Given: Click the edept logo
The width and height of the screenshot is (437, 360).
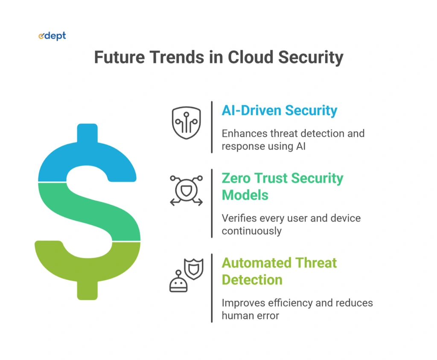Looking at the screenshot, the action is pos(52,36).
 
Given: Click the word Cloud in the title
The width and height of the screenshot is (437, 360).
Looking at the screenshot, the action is pos(250,57).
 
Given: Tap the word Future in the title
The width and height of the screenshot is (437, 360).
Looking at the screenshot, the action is pos(119,57).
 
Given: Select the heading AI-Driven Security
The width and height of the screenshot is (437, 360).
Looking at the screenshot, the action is pos(279,110).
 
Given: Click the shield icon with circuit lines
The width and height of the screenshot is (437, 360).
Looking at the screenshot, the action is pos(186,122).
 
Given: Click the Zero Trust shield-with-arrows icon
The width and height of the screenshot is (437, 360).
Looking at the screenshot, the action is pos(186,191).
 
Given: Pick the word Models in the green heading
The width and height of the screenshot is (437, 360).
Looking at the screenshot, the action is pos(245,195).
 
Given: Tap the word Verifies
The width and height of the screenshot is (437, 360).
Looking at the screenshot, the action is pos(239,218).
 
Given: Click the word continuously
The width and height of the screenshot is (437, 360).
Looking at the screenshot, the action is pos(252,231).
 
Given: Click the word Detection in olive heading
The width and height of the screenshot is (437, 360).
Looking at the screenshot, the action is pos(252,280).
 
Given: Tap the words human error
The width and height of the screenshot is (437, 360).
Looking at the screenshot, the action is pos(250,316).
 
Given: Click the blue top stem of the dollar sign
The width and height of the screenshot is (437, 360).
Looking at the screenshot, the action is pos(87,134).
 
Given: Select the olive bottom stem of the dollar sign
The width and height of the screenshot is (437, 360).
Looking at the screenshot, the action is pos(87,290).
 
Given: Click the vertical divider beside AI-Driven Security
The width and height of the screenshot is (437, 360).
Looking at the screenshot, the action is pos(212,127).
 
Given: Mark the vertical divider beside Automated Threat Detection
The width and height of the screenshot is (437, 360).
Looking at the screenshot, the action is pos(212,288).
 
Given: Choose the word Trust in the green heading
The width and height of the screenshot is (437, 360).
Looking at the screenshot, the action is pos(270,178).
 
